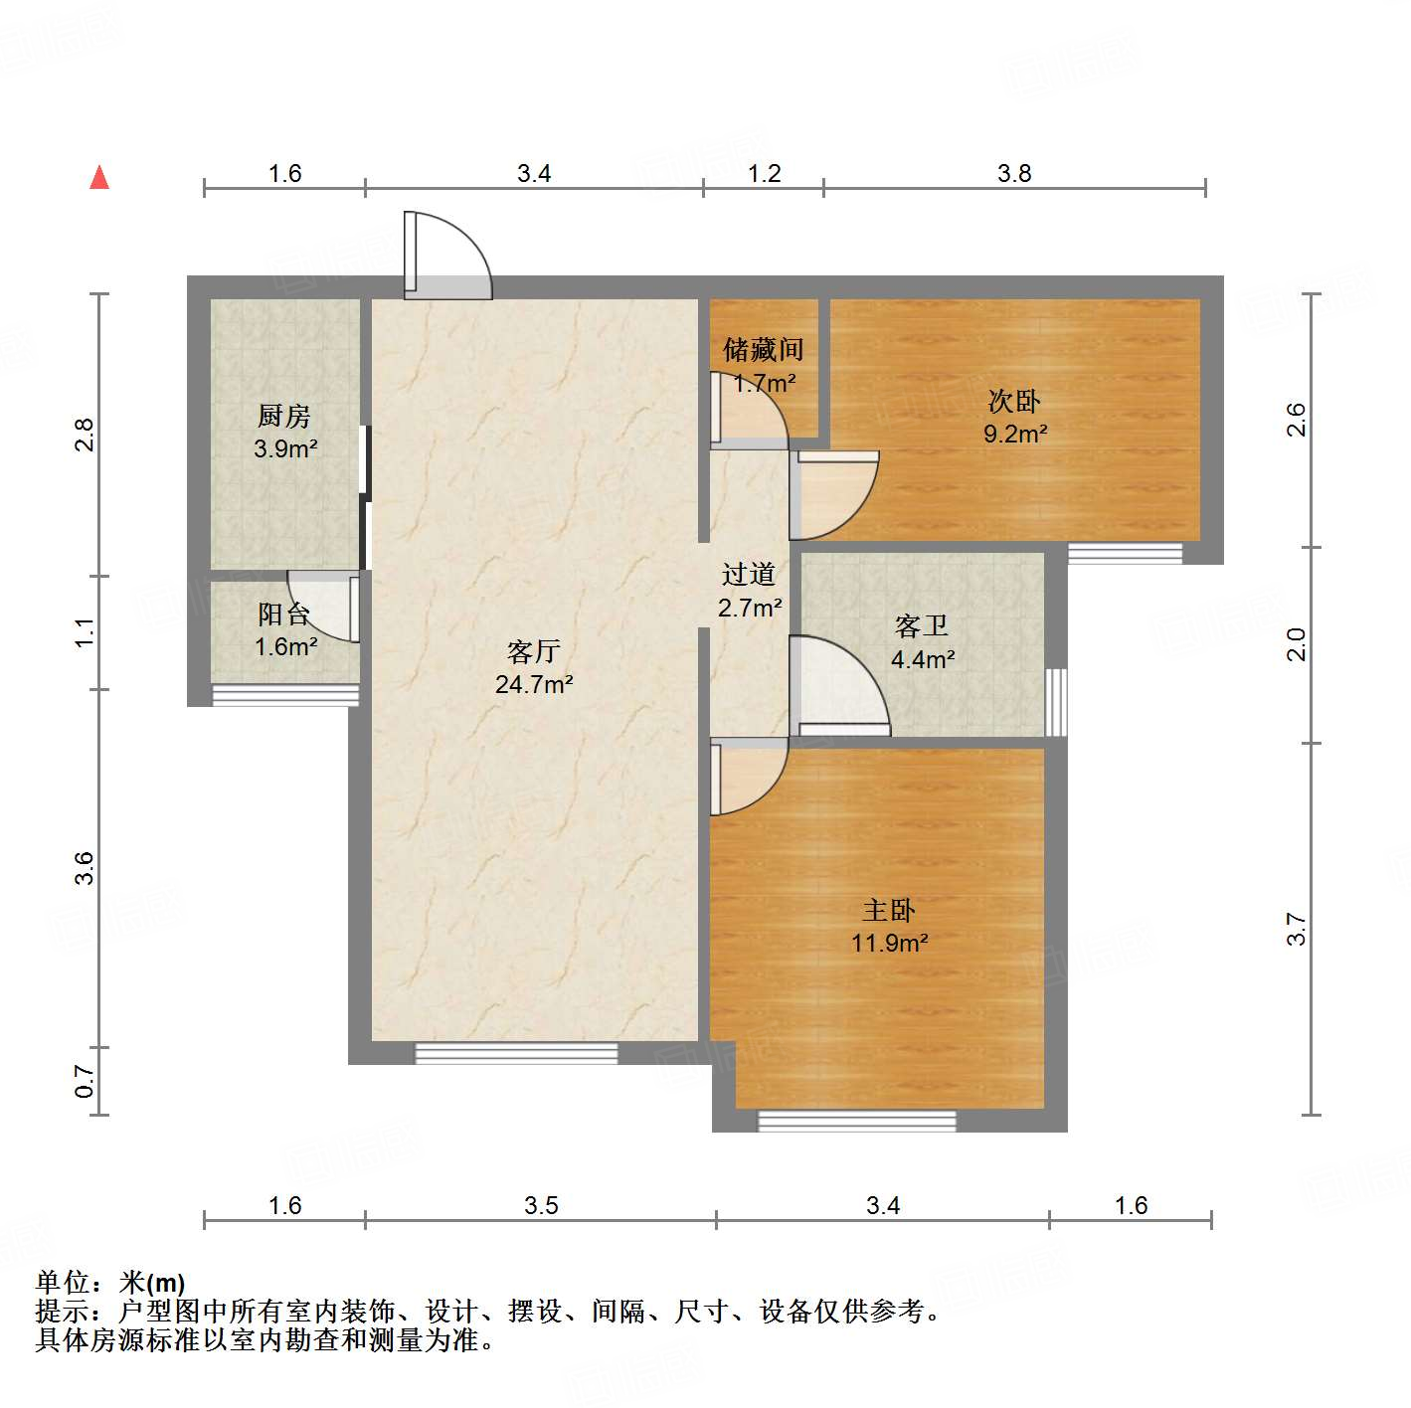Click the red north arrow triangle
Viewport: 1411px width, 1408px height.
tap(99, 177)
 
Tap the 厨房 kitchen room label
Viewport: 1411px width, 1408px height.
tap(284, 416)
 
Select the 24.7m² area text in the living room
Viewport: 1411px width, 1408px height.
tap(534, 684)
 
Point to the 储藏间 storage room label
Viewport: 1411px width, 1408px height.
tap(763, 349)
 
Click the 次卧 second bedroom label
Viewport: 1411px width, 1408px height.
tap(1014, 401)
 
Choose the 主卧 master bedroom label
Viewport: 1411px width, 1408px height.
tap(889, 910)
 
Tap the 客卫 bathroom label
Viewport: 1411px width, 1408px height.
tap(922, 625)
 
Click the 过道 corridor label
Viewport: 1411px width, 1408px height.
tap(749, 574)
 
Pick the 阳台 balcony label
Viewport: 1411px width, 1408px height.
tap(283, 614)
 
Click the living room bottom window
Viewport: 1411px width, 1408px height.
tap(516, 1053)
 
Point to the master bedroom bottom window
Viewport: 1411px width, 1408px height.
tap(856, 1121)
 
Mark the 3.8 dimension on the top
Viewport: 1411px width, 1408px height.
tap(1014, 173)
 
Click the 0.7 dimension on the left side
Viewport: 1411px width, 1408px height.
tap(86, 1081)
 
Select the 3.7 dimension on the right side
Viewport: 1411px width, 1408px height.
tap(1296, 929)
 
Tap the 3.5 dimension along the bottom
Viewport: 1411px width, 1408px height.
tap(541, 1205)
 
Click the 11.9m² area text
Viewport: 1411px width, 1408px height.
tap(889, 943)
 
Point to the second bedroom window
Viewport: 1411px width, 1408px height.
tap(1125, 553)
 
